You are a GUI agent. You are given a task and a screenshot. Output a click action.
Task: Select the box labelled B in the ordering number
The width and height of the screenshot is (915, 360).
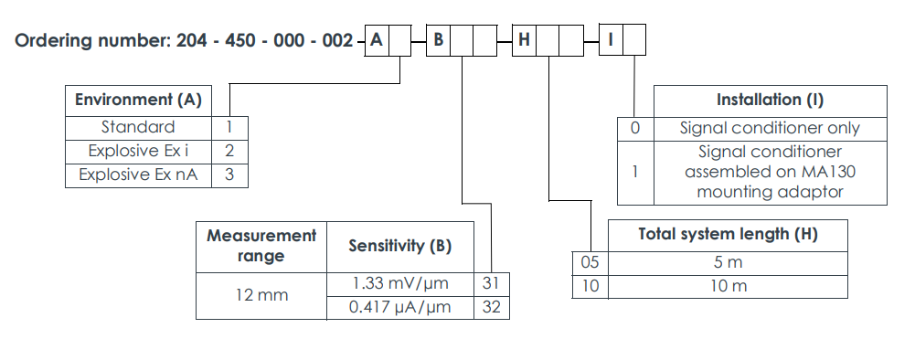point(438,41)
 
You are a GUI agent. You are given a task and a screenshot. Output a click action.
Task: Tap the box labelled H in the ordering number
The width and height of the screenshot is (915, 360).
point(524,41)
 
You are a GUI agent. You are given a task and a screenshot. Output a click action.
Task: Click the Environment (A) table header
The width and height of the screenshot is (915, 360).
point(138,100)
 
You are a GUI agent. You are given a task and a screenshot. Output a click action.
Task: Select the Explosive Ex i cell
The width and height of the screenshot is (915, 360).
point(138,151)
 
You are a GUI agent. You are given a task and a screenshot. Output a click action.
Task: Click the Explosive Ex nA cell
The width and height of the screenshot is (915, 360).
point(138,175)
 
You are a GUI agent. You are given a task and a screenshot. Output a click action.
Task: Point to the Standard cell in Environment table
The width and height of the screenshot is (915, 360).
point(138,127)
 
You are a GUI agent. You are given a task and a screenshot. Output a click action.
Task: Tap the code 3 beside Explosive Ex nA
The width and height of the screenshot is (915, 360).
point(229,175)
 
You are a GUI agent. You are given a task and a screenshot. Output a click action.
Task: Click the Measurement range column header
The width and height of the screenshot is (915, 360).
point(261,246)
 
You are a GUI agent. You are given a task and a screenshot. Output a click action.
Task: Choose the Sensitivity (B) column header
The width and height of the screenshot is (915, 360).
point(399,246)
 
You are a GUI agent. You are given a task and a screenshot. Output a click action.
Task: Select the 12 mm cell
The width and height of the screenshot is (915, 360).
point(261,295)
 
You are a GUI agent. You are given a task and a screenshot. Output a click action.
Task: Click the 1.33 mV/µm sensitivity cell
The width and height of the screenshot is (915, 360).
point(399,283)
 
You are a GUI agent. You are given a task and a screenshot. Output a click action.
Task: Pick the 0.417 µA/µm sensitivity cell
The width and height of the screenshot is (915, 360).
point(399,308)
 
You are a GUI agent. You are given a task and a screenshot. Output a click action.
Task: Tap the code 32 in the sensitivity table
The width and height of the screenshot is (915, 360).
point(491,308)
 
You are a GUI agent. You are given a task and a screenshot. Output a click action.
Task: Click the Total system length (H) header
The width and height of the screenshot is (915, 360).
point(728,235)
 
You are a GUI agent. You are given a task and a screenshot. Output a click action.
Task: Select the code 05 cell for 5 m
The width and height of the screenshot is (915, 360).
point(590,262)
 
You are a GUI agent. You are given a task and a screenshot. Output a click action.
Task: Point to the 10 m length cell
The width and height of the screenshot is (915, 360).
point(728,286)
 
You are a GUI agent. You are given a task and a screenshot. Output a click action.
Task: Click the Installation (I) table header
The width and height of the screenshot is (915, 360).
point(770,100)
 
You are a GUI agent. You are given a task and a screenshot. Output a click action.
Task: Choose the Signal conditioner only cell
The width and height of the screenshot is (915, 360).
point(770,128)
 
